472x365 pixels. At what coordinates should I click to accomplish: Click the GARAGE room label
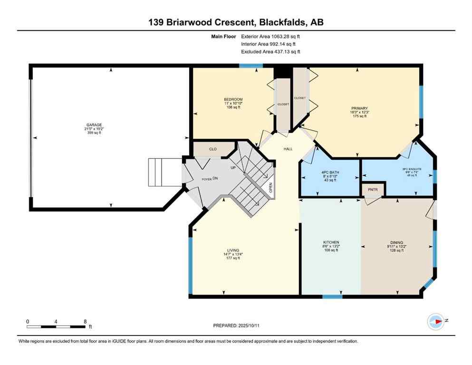pyautogui.click(x=94, y=125)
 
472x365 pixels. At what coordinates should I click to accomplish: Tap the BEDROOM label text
pyautogui.click(x=233, y=99)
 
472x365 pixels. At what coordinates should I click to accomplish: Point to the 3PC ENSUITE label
pyautogui.click(x=412, y=169)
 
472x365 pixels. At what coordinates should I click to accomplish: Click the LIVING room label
pyautogui.click(x=233, y=250)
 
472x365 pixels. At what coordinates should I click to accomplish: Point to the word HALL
pyautogui.click(x=288, y=149)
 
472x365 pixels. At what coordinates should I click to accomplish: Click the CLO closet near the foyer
pyautogui.click(x=213, y=149)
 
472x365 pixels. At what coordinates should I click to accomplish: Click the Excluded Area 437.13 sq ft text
pyautogui.click(x=270, y=52)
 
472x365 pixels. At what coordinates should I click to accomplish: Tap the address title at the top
pyautogui.click(x=236, y=22)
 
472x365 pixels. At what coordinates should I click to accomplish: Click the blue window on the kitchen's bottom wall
pyautogui.click(x=332, y=297)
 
